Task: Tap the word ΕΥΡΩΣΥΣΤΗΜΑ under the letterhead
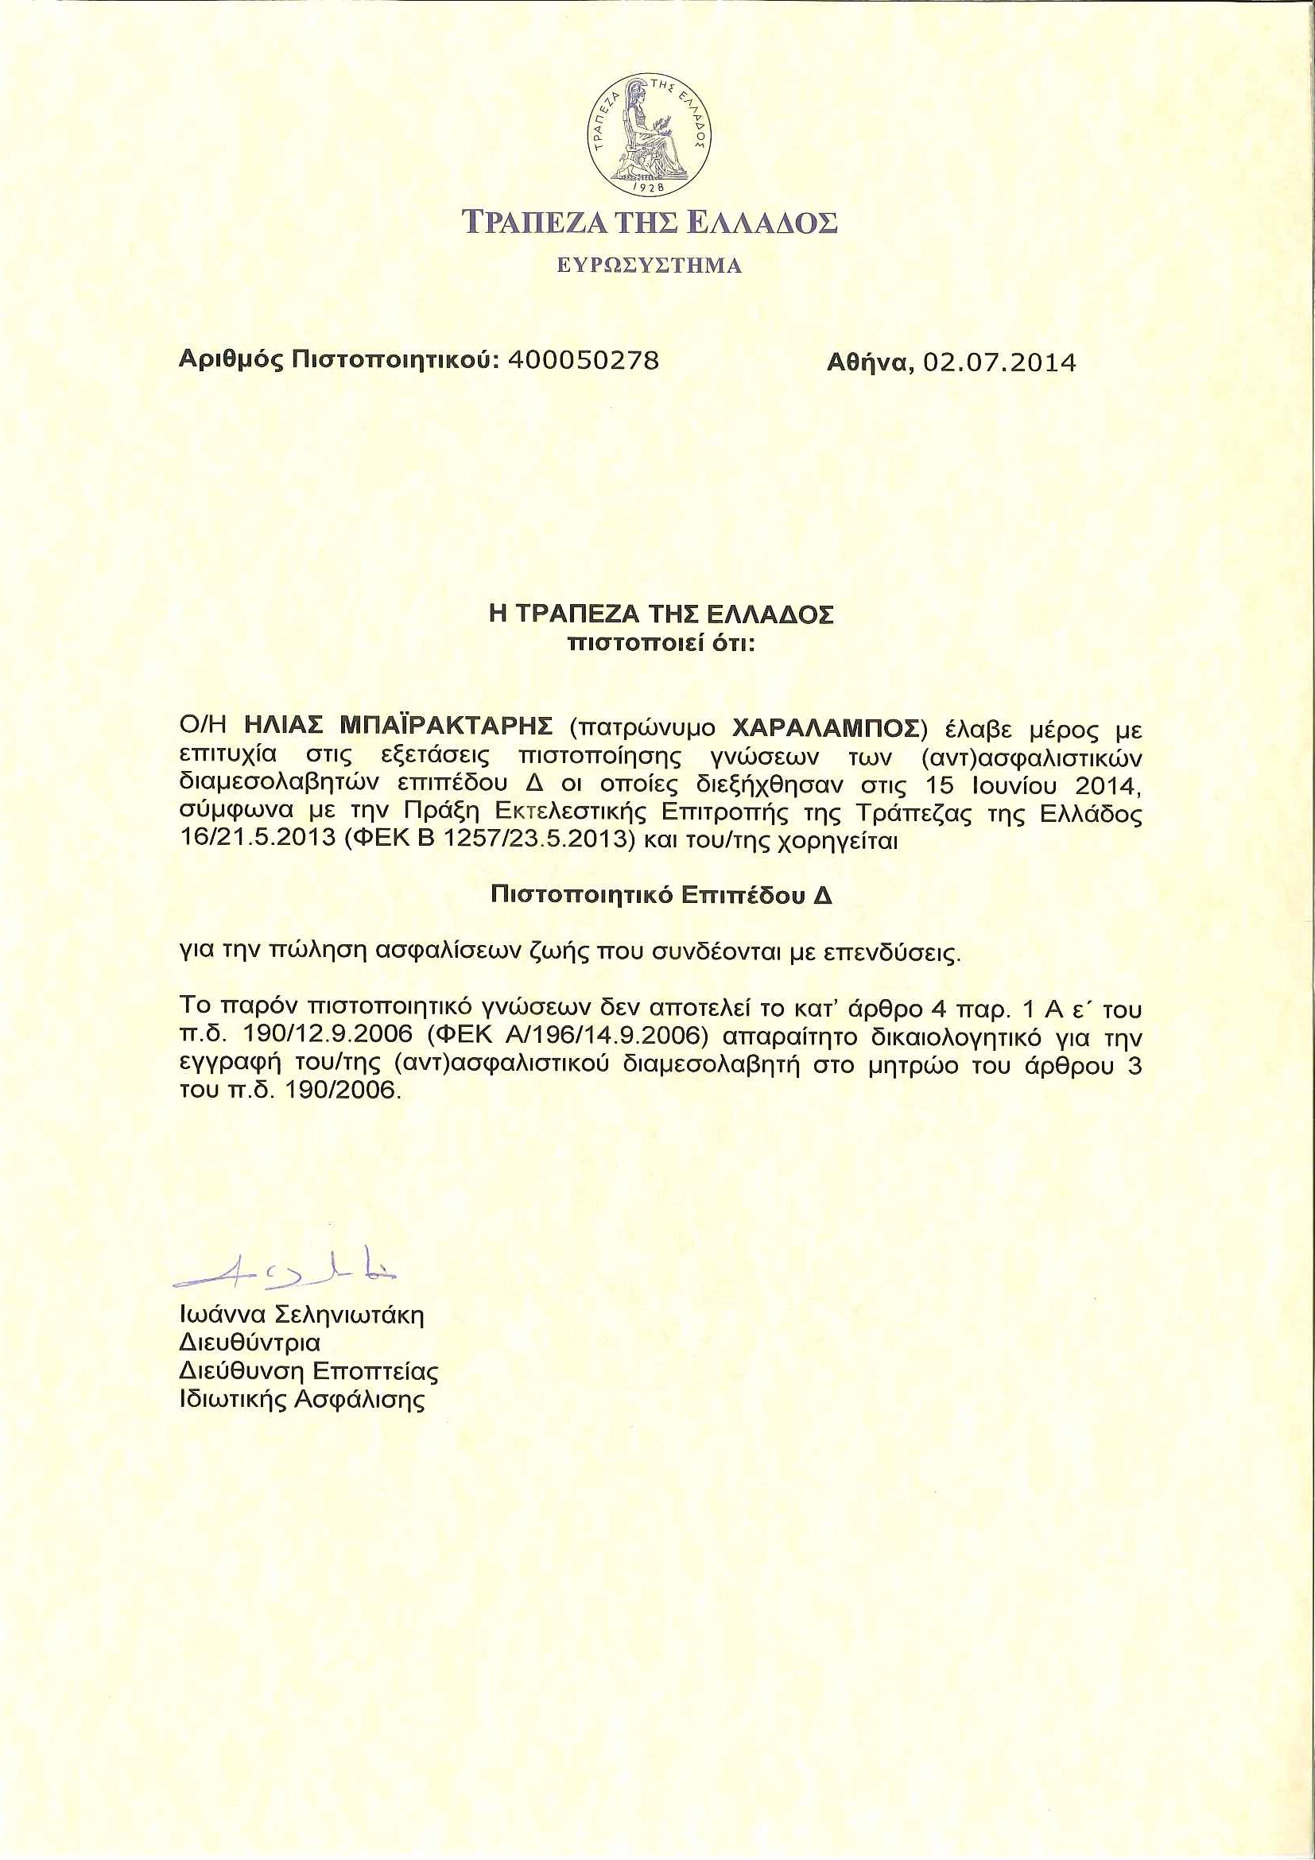point(649,265)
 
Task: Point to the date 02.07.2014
point(1000,362)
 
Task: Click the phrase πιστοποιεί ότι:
point(661,645)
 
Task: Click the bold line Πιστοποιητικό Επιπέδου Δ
point(661,895)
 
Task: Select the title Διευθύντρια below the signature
point(250,1343)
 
